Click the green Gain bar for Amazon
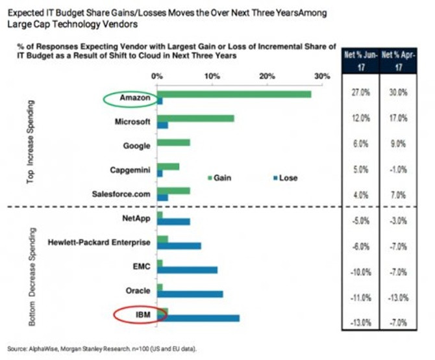234,94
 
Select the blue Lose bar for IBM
198,318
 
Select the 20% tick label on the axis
267,76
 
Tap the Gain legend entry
219,177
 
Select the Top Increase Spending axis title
31,140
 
